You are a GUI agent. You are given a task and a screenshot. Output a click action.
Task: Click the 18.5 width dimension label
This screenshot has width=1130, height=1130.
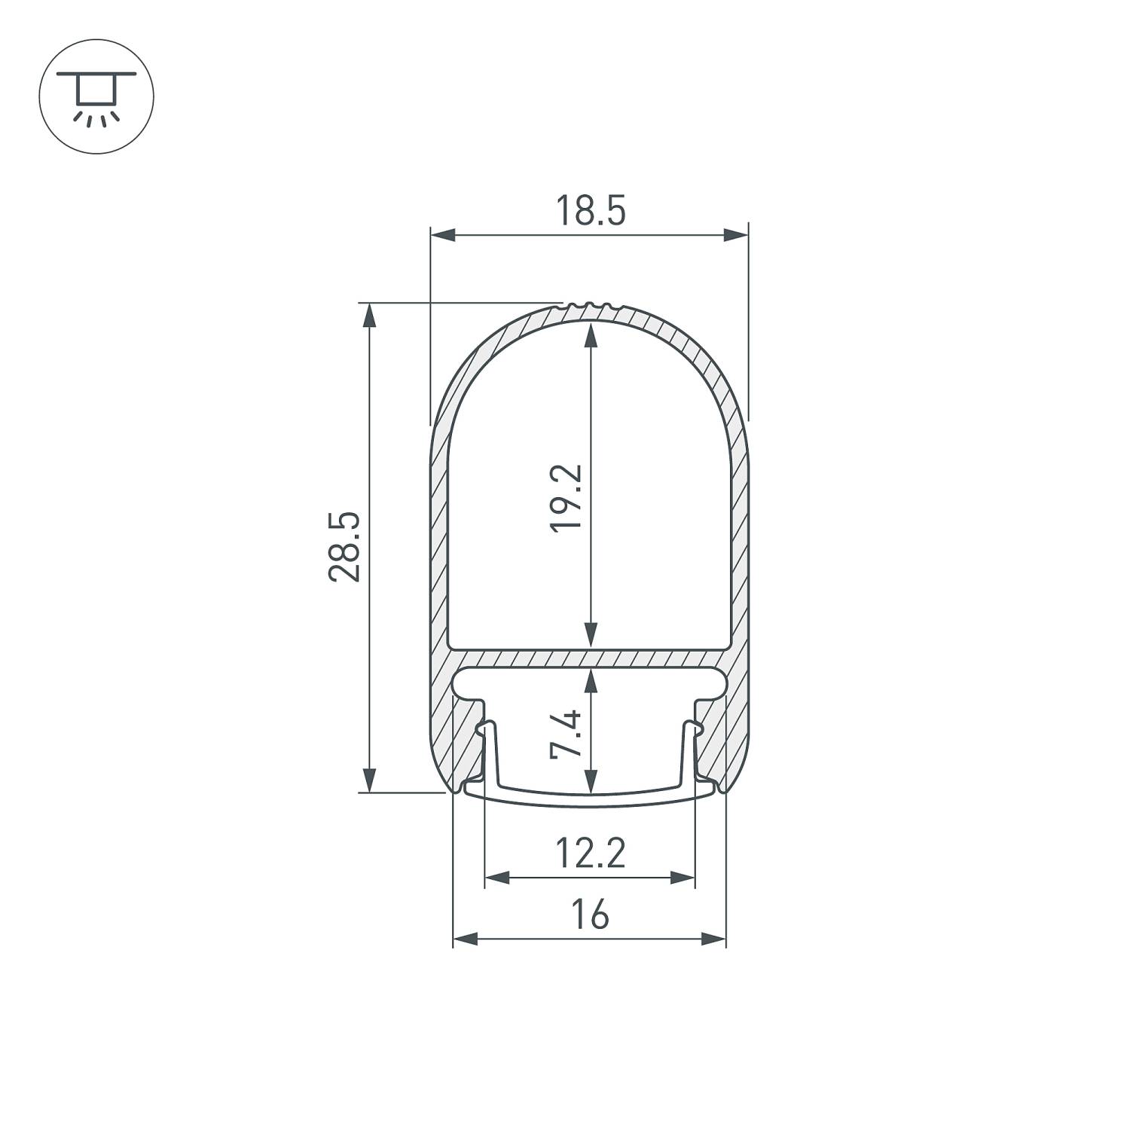(x=590, y=210)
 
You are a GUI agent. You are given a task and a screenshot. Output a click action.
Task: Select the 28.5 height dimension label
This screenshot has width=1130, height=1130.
(x=345, y=547)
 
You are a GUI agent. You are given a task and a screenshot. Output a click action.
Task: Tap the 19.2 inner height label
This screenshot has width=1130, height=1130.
(x=567, y=498)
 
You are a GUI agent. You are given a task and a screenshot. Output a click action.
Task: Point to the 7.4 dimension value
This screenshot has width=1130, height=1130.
(x=567, y=733)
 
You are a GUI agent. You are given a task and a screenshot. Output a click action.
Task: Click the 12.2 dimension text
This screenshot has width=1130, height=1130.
(x=590, y=854)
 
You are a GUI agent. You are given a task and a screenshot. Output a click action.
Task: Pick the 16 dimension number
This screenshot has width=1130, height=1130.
(x=589, y=915)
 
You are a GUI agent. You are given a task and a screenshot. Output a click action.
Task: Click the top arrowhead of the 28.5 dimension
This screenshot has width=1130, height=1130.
(x=369, y=315)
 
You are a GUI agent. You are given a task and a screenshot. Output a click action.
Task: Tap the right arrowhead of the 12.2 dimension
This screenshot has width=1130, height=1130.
(x=683, y=877)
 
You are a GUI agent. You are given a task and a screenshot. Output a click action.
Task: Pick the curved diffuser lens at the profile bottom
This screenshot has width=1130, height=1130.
(x=590, y=799)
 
